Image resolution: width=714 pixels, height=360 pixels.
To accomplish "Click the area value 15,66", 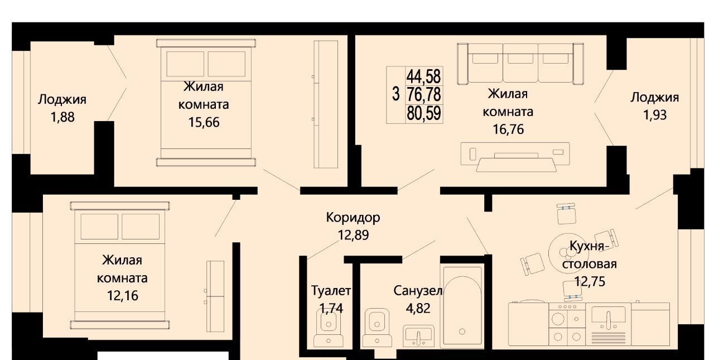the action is point(204,122).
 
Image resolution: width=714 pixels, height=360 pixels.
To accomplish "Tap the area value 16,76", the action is point(508,129).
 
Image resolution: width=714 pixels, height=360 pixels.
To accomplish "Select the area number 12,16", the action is point(123,296).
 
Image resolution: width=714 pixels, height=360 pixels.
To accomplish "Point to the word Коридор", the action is point(353,218).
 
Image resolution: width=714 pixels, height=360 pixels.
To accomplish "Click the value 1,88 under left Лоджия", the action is point(62,117).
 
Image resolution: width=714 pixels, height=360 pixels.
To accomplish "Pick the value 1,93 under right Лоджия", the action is point(655,115).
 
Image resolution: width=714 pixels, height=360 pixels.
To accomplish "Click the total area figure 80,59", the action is point(424,113).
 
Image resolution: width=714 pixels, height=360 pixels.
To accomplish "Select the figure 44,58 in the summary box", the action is point(424,76).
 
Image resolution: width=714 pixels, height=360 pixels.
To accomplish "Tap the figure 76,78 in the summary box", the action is point(424,95).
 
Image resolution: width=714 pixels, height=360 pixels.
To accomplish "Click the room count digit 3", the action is point(395,94).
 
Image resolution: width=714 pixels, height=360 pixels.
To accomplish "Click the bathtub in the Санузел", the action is point(462,305).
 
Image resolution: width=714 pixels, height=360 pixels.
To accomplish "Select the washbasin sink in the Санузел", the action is point(418,335).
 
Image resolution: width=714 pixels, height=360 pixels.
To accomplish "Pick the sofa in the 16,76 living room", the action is point(520,64).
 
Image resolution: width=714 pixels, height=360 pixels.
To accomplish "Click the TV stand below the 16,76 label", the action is point(515,157).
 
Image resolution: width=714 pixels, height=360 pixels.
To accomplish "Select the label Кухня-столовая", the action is point(590,255).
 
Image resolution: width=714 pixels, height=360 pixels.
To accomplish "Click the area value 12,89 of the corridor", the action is point(353,236).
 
